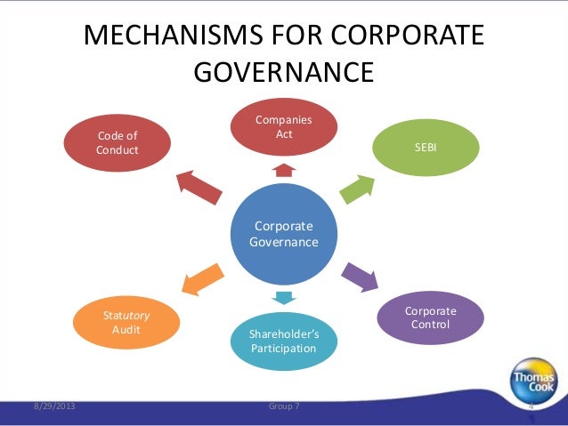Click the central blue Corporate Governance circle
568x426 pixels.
coord(284,234)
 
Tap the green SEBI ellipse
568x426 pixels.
coord(426,146)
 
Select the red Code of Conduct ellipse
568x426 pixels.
coord(118,143)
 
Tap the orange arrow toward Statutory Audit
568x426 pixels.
coord(203,277)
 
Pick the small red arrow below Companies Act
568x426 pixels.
coord(284,169)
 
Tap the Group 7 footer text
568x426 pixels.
coord(284,406)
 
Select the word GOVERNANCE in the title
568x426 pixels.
coord(284,70)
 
